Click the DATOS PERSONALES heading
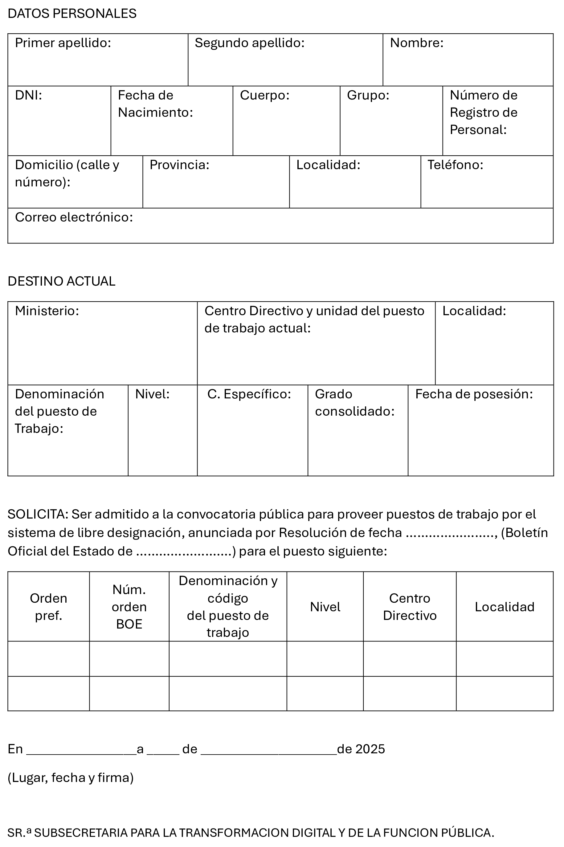(72, 14)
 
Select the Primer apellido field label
(63, 43)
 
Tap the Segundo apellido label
(250, 43)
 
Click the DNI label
(28, 95)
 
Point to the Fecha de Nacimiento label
(155, 104)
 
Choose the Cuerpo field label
(265, 95)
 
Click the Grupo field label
(368, 95)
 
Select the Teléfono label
(455, 165)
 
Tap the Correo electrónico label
(74, 217)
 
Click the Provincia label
(179, 165)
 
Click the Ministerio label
(47, 311)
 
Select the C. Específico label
(249, 394)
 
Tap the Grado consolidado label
(355, 403)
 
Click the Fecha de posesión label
(474, 394)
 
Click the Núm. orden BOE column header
(129, 607)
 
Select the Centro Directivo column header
(410, 607)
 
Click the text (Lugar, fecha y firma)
(71, 778)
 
